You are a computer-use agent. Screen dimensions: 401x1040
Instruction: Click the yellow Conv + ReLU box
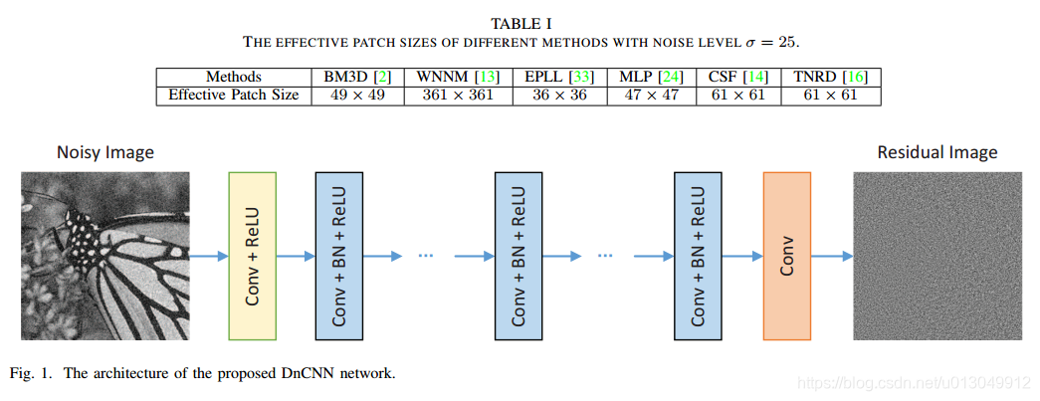pos(252,256)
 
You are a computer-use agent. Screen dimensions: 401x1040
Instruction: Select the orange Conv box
pos(786,256)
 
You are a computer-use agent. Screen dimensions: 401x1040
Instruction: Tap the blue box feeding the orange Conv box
pos(698,256)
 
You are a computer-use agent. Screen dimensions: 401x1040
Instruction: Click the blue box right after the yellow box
pos(339,256)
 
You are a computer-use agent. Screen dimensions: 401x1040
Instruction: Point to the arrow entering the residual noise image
pos(832,256)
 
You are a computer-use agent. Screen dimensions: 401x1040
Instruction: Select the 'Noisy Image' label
pos(105,152)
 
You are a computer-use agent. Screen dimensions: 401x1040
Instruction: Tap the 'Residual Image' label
pos(936,152)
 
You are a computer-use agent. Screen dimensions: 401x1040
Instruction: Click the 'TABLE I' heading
pos(521,23)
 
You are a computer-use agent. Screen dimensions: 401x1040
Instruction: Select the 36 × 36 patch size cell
pos(558,96)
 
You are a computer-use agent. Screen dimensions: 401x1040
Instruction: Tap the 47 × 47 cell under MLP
pos(650,96)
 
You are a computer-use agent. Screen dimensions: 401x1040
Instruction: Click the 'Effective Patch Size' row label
pos(234,96)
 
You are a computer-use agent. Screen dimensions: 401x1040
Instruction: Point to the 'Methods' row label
pos(234,77)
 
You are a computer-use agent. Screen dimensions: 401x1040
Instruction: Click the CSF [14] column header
pos(736,77)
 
